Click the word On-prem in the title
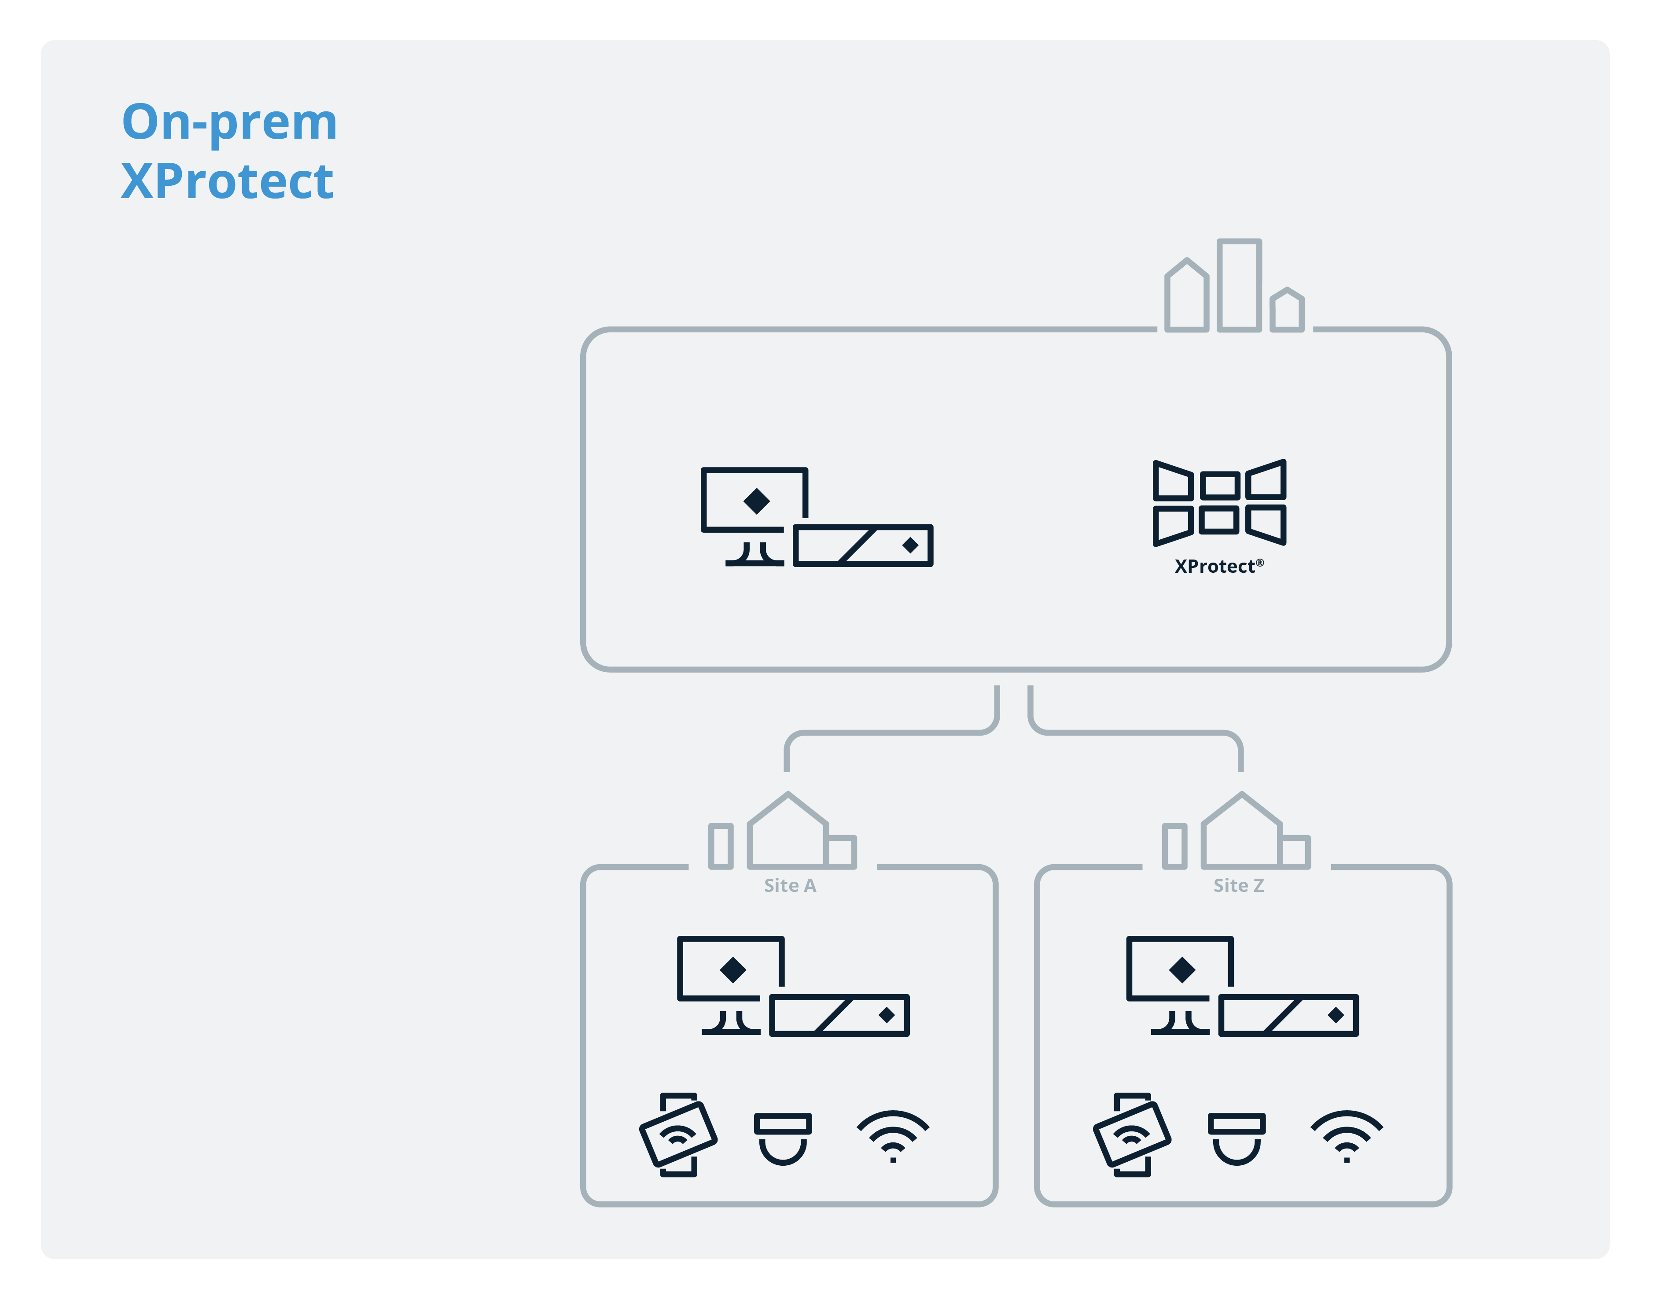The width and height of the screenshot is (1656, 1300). pyautogui.click(x=229, y=122)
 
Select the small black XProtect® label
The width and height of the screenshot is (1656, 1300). pyautogui.click(x=1218, y=566)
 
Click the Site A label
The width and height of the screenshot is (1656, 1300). pyautogui.click(x=789, y=885)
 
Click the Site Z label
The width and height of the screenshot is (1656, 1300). pyautogui.click(x=1238, y=885)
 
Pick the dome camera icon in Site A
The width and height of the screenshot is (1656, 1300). pyautogui.click(x=782, y=1138)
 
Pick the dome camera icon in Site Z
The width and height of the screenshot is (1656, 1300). pyautogui.click(x=1236, y=1138)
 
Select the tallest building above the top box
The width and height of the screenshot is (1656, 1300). pyautogui.click(x=1239, y=285)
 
